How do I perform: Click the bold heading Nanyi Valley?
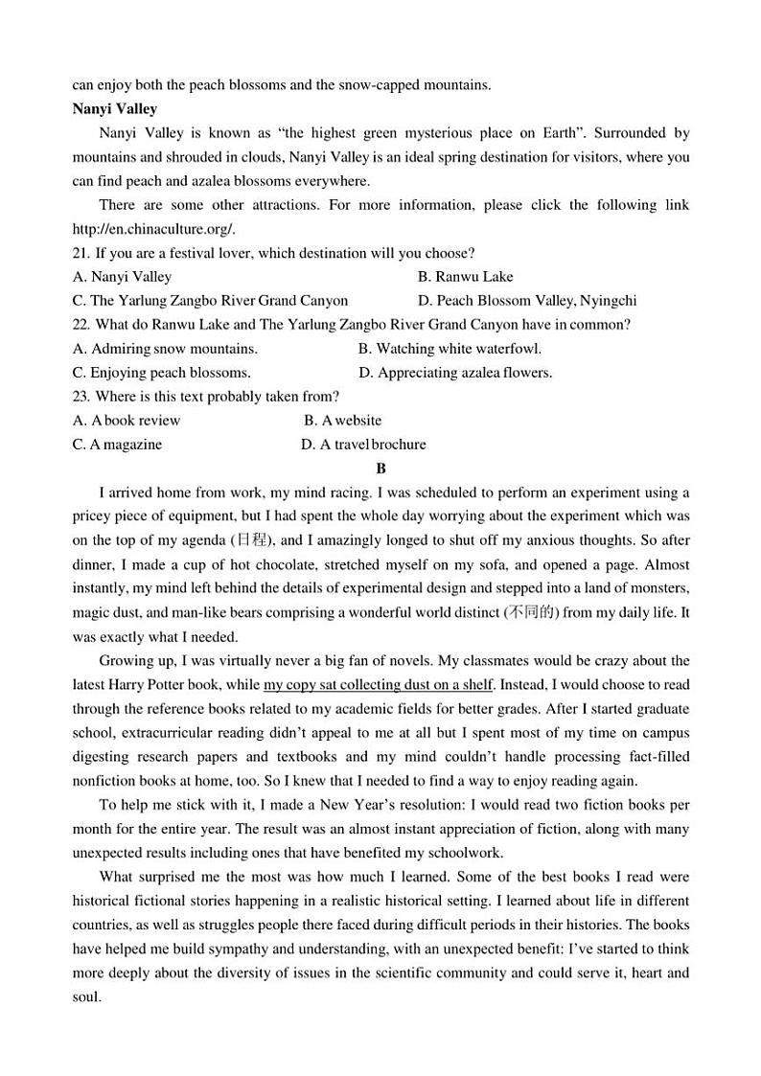[x=115, y=109]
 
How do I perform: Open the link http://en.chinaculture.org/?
[x=153, y=229]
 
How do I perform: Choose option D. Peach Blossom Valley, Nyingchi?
[x=527, y=301]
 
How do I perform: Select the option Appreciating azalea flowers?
[x=455, y=373]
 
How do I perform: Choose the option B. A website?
[x=342, y=421]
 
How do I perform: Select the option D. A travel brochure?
[x=363, y=445]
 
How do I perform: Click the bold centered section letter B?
[x=380, y=469]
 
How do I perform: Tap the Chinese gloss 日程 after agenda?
[x=254, y=540]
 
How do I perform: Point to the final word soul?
[x=88, y=996]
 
